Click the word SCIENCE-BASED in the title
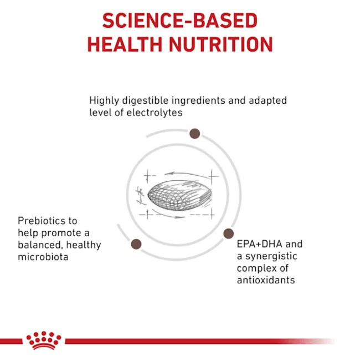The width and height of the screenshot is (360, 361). pyautogui.click(x=180, y=21)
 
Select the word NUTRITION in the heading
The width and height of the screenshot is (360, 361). pyautogui.click(x=221, y=44)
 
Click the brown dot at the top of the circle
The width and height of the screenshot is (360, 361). pyautogui.click(x=195, y=134)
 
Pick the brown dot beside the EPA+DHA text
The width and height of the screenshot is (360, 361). pyautogui.click(x=229, y=233)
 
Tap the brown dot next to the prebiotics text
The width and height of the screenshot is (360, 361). pyautogui.click(x=136, y=244)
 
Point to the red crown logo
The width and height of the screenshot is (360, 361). pyautogui.click(x=44, y=340)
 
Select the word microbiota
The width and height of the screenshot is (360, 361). pyautogui.click(x=43, y=257)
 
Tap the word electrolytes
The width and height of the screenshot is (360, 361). pyautogui.click(x=155, y=113)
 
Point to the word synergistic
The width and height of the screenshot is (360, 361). pyautogui.click(x=271, y=257)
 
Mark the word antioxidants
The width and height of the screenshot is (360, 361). pyautogui.click(x=266, y=280)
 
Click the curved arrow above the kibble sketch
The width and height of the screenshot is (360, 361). pyautogui.click(x=188, y=174)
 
